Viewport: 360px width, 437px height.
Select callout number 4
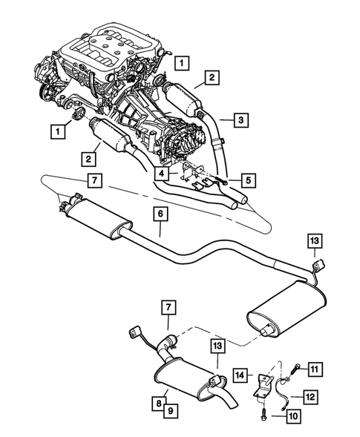coord(161,172)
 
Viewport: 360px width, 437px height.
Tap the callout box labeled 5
coord(248,179)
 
